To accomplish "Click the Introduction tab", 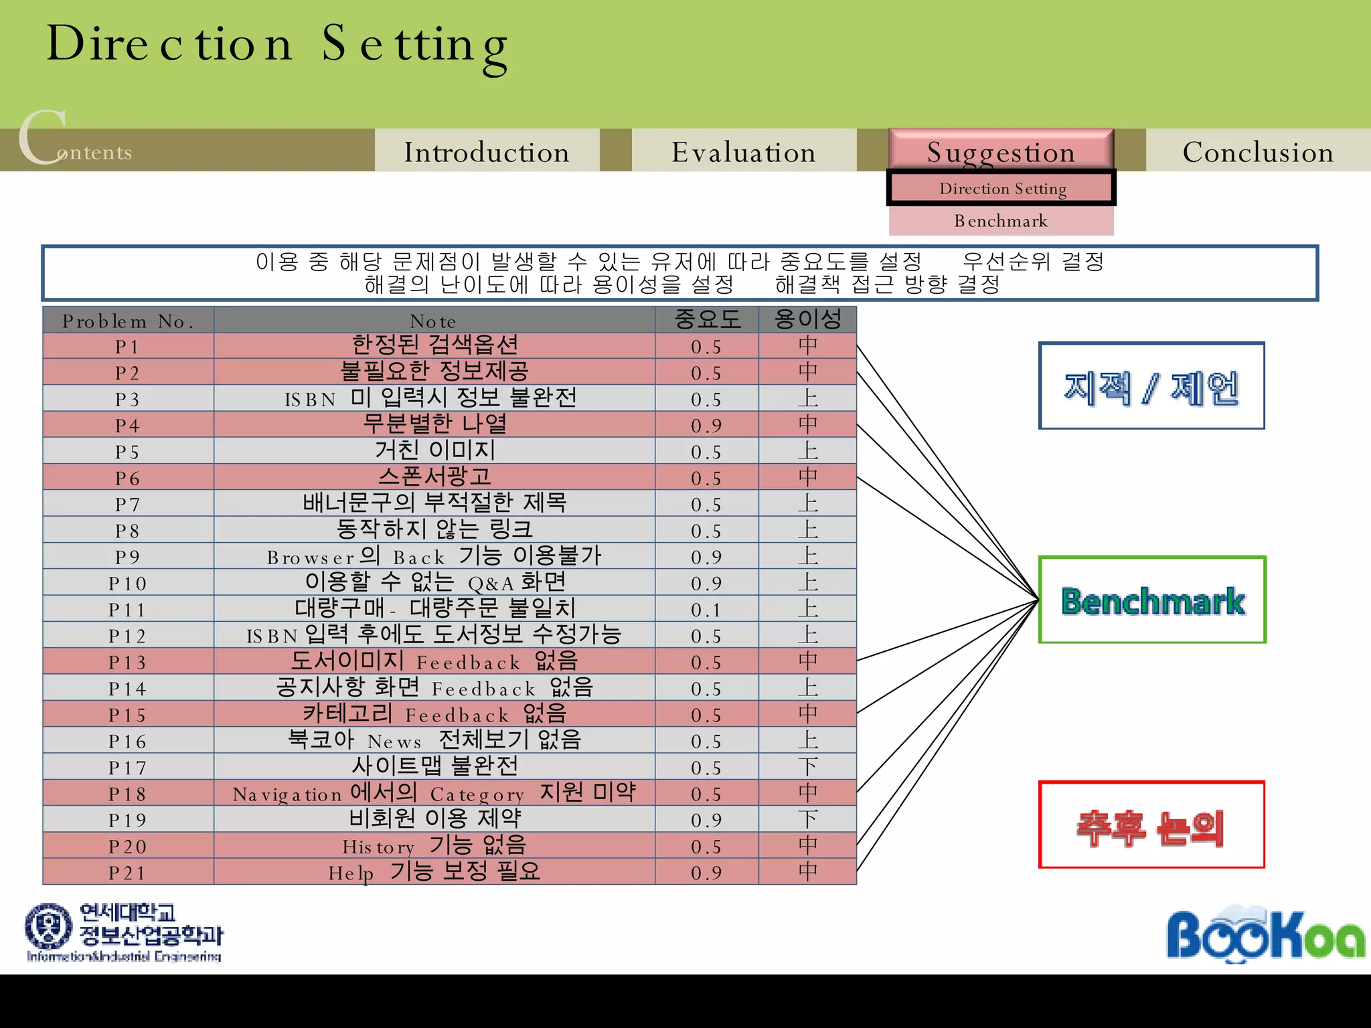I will (x=487, y=151).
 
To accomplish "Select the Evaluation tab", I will (x=744, y=151).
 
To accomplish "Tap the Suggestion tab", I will (x=1001, y=150).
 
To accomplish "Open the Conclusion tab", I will (x=1258, y=151).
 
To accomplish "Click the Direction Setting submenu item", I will (x=1002, y=188).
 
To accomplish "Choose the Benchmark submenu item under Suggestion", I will (x=1001, y=221).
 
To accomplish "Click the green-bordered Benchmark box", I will (x=1152, y=600).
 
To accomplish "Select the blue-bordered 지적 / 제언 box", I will (x=1151, y=386).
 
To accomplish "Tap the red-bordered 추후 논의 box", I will (x=1151, y=825).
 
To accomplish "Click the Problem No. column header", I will (x=128, y=321).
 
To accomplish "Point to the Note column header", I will (x=434, y=321).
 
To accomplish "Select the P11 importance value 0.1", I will (x=706, y=610).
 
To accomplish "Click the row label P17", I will (x=128, y=768).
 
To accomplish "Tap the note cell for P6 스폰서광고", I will (x=434, y=477).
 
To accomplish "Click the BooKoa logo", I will (x=1265, y=934).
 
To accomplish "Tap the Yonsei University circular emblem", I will (x=48, y=927).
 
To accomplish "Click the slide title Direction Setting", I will (x=276, y=44).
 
